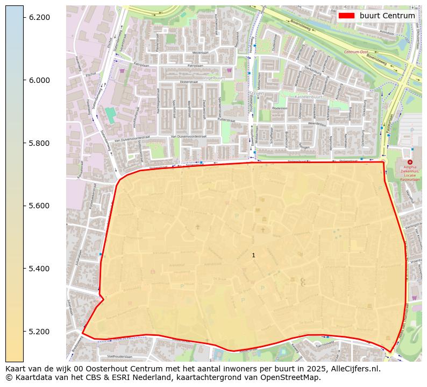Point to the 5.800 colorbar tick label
point(39,143)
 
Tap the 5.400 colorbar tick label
point(39,269)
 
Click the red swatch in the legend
point(347,16)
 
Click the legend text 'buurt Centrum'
point(387,16)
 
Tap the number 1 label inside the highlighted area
point(253,255)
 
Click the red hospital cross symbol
point(410,161)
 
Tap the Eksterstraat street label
point(189,82)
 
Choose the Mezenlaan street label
point(201,53)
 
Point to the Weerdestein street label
point(317,124)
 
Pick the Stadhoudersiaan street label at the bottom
point(119,356)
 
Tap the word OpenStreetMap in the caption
point(293,377)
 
